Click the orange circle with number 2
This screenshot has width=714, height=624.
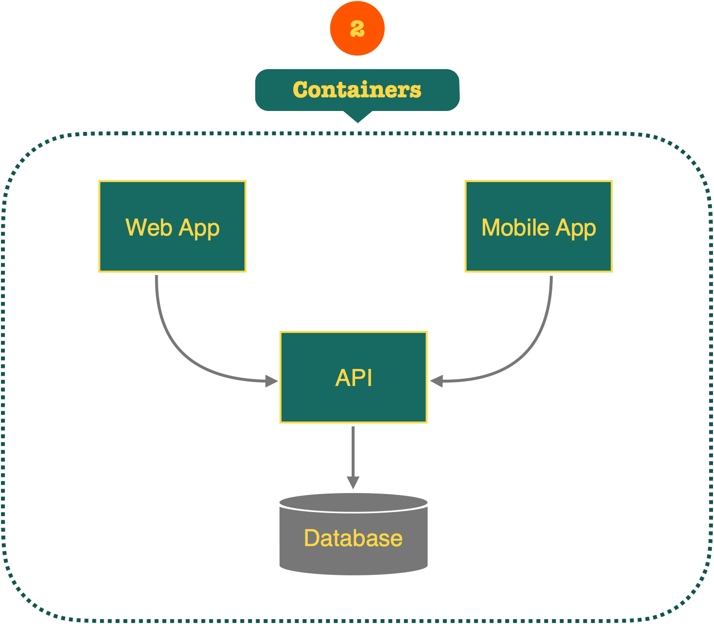coord(357,28)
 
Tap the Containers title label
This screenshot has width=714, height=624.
coord(357,90)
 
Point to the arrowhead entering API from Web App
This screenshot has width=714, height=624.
coord(272,381)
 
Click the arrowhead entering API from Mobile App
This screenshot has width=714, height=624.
coord(436,381)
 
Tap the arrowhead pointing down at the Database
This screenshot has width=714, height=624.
coord(353,483)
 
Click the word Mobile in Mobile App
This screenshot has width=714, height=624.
coord(515,227)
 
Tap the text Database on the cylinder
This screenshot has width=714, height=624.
coord(353,538)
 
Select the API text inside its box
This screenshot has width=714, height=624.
coord(354,378)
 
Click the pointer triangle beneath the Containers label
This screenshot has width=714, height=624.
coord(357,117)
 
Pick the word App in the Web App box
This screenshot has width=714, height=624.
coord(199,228)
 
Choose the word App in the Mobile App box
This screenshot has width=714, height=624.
coord(576,228)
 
